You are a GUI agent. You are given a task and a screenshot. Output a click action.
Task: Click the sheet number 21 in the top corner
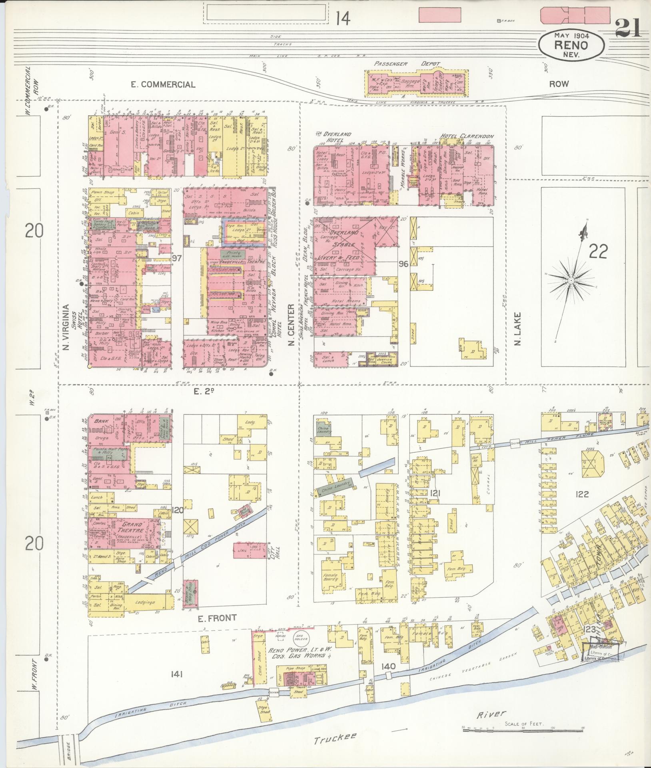tap(628, 28)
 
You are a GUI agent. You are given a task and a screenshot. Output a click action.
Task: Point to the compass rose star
tap(571, 281)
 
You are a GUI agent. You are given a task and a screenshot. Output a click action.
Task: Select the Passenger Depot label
tap(407, 64)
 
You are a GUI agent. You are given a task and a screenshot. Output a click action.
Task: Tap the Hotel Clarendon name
tap(467, 136)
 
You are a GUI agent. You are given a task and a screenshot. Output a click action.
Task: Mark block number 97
tap(177, 258)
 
